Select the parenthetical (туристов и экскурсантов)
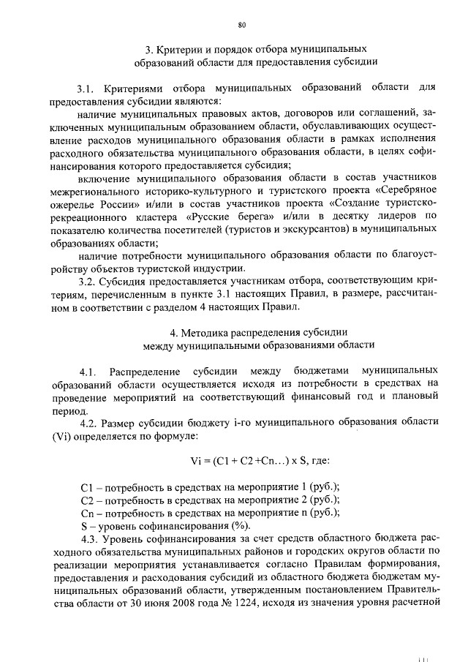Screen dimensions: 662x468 [293, 230]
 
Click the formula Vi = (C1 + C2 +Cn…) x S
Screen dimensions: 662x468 [238, 461]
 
